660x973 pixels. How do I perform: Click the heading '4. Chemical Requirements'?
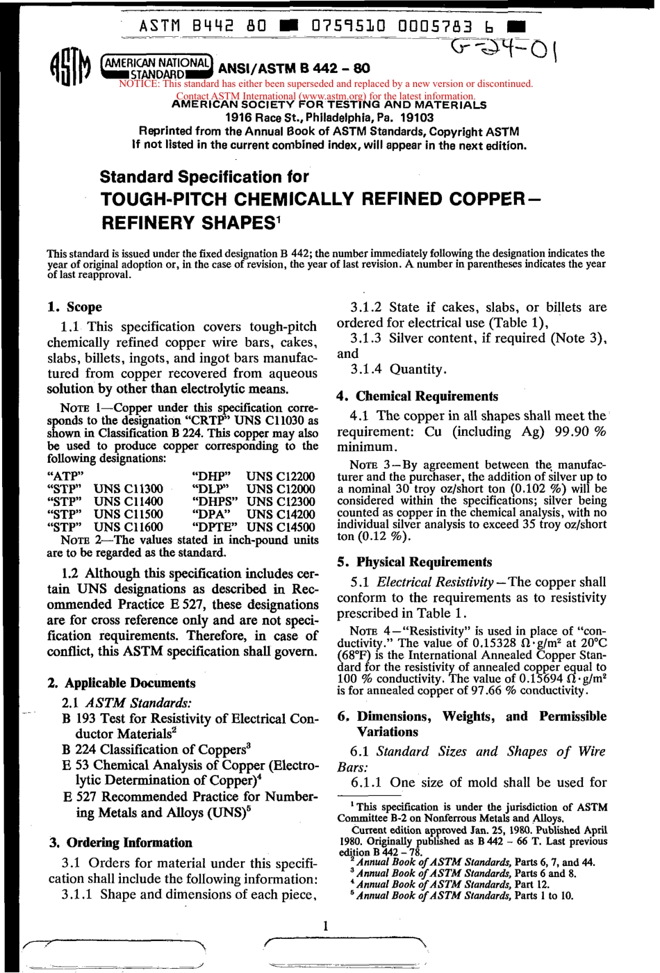[417, 396]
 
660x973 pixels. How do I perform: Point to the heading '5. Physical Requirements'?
[414, 562]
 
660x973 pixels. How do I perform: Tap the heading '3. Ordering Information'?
[120, 842]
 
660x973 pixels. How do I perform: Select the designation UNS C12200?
[280, 476]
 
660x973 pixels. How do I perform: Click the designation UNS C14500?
[280, 527]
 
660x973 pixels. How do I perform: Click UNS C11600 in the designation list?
[129, 527]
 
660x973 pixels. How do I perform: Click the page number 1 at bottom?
[325, 925]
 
